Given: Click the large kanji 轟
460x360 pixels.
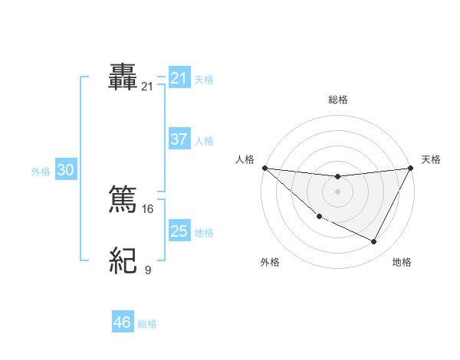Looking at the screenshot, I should (x=123, y=78).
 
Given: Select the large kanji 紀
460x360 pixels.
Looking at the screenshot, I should (x=123, y=261).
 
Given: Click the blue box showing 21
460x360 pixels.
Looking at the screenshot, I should (x=179, y=78).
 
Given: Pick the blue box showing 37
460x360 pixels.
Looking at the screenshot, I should (x=179, y=139).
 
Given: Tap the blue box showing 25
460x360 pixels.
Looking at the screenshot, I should (x=179, y=231).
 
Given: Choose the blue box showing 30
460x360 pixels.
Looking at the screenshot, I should (x=65, y=170).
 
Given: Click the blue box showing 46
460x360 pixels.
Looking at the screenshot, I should (x=123, y=322).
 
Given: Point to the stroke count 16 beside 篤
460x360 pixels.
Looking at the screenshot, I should (x=148, y=208).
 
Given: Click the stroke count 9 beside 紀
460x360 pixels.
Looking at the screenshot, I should (x=148, y=270).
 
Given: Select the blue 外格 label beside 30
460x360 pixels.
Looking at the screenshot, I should (x=41, y=172).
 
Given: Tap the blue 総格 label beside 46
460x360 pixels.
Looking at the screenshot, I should (x=147, y=324).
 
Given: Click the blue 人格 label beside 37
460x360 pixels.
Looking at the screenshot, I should (x=204, y=141).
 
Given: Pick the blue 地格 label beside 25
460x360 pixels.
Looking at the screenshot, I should (x=204, y=233).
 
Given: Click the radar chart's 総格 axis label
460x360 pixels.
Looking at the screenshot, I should (x=337, y=100).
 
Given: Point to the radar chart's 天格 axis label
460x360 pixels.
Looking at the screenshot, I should (x=431, y=159).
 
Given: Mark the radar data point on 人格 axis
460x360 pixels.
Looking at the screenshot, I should (x=264, y=168).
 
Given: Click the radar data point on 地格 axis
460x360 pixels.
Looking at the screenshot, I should (x=374, y=242).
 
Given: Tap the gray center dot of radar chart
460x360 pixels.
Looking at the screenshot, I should (x=337, y=191).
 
